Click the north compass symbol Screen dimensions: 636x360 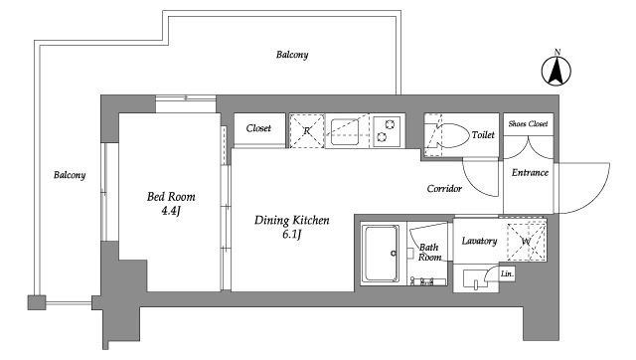556,70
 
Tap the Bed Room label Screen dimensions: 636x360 171,197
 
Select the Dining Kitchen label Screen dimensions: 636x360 291,221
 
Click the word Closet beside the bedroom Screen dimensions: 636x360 258,128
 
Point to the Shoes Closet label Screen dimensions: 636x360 528,123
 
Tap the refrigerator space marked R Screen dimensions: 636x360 307,131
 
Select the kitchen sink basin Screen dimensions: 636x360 345,131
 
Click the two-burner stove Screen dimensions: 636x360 387,131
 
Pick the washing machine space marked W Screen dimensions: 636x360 527,242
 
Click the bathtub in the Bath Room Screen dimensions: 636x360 381,254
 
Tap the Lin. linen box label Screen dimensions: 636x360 507,273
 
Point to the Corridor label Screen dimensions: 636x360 444,189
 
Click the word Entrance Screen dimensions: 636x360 530,172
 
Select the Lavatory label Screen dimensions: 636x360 479,241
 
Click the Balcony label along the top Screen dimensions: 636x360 292,55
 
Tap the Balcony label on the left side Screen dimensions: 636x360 70,175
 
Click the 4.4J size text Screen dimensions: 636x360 171,211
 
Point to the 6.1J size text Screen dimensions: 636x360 291,234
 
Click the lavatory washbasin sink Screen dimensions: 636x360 475,279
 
